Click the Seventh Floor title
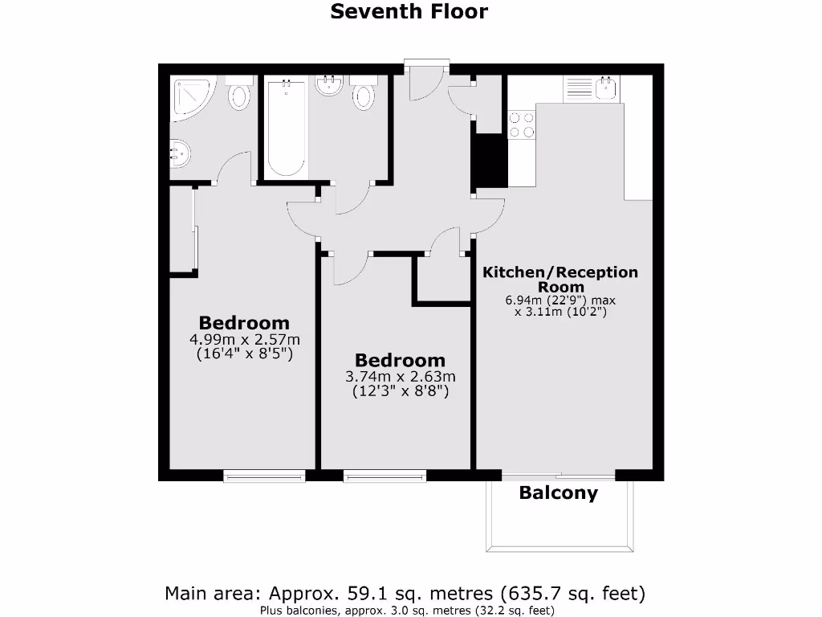(x=409, y=12)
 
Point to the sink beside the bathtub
(x=329, y=86)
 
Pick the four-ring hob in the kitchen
(x=522, y=125)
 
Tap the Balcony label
(x=558, y=493)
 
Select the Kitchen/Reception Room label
(x=560, y=279)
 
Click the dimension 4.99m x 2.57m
(x=244, y=340)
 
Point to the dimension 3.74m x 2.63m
(x=400, y=377)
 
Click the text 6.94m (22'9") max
(x=560, y=300)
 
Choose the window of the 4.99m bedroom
(x=264, y=476)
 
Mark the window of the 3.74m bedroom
(x=385, y=476)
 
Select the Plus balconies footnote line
(x=406, y=610)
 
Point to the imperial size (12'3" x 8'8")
(x=400, y=392)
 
